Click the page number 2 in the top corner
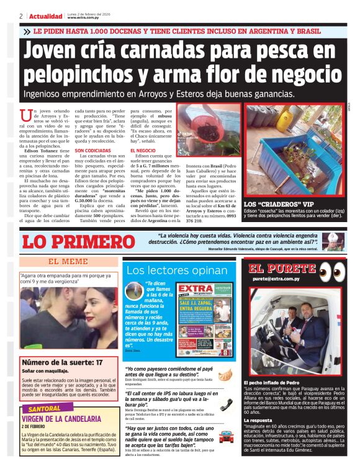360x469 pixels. pos(21,16)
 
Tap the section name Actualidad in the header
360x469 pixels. pos(45,16)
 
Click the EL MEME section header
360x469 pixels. pos(68,261)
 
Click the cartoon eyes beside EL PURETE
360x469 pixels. pos(333,271)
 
